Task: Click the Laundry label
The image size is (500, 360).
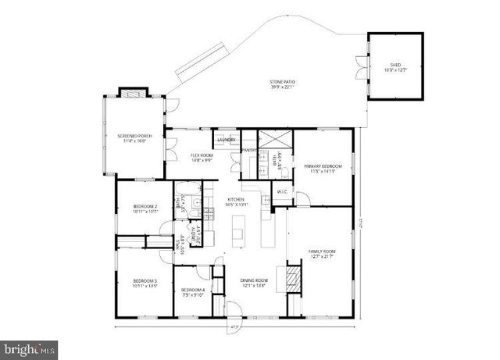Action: point(226,139)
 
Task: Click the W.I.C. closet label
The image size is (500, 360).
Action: point(283,191)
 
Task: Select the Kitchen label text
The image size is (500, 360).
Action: point(237,201)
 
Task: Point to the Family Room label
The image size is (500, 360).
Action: point(322,254)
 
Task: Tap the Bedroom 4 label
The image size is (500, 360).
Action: point(193,291)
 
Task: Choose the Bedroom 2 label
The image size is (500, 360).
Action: point(145,209)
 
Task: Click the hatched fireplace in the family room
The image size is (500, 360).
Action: point(292,278)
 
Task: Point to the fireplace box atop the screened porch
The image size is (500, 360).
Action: point(128,91)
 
